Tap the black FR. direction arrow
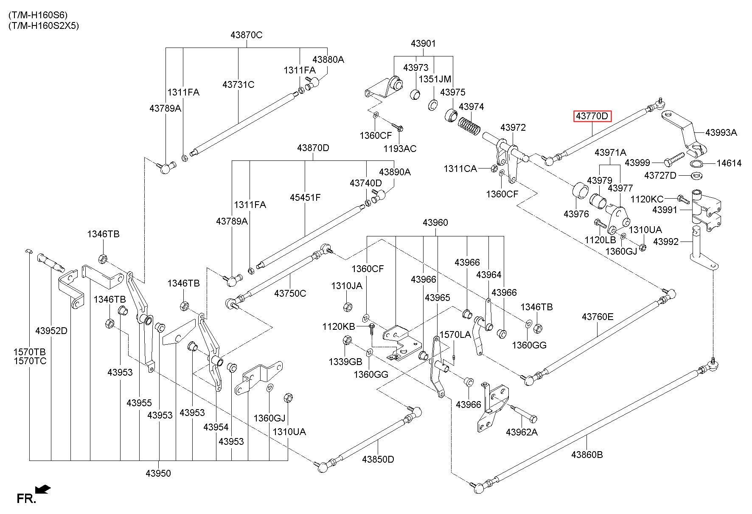[43, 489]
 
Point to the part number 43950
[158, 473]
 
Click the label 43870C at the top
[247, 35]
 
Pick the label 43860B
[587, 455]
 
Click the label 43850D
[378, 459]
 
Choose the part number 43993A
[721, 132]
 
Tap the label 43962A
[522, 432]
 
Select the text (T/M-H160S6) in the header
[38, 15]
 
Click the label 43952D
[51, 331]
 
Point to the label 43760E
[598, 317]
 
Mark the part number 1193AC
[400, 149]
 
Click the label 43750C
[290, 293]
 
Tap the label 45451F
[305, 197]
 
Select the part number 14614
[729, 163]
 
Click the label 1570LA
[455, 334]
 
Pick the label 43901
[423, 43]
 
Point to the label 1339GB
[345, 362]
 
